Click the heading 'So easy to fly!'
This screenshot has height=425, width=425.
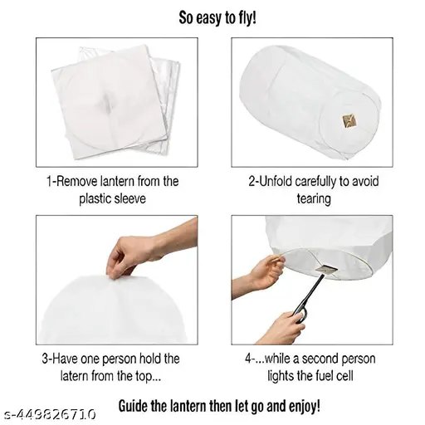coord(217,18)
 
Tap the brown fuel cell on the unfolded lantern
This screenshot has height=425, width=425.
coord(349,121)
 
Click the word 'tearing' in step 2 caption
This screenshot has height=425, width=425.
coord(314,199)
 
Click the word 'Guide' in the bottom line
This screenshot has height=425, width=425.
coord(134,406)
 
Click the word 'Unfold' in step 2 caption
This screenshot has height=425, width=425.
coord(276,182)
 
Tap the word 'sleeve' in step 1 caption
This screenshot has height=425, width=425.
coord(129,199)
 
